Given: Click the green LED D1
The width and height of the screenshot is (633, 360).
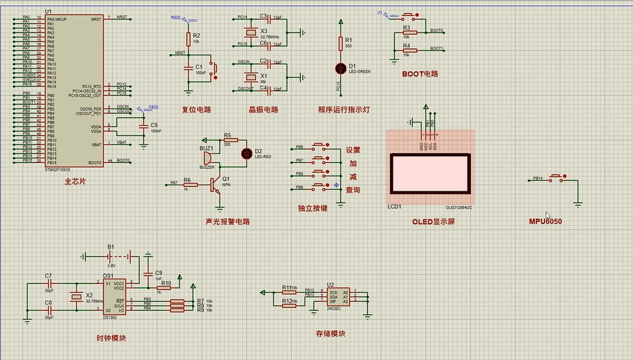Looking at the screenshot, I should click(x=340, y=68).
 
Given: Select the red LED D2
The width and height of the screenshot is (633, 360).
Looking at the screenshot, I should click(x=247, y=153).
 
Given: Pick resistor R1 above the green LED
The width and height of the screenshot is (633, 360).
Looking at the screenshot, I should click(x=340, y=43).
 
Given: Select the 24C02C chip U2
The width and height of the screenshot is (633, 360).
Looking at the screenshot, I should click(x=337, y=296).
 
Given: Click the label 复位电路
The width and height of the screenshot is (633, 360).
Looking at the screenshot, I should click(x=197, y=109).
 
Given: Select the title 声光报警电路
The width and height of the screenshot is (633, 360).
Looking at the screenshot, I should click(x=227, y=221).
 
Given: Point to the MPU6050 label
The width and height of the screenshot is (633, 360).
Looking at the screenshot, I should click(x=545, y=221).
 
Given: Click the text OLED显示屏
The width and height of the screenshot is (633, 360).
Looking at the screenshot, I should click(x=433, y=221).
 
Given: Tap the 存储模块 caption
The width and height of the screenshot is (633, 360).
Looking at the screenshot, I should click(x=330, y=334).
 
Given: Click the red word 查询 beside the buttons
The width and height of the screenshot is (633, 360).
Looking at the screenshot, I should click(x=353, y=190).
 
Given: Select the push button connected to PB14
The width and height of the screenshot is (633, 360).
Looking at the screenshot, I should click(x=557, y=177).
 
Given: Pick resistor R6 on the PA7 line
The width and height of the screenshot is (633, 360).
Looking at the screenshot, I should click(x=186, y=184).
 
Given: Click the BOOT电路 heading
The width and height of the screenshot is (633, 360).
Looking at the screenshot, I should click(x=420, y=74).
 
